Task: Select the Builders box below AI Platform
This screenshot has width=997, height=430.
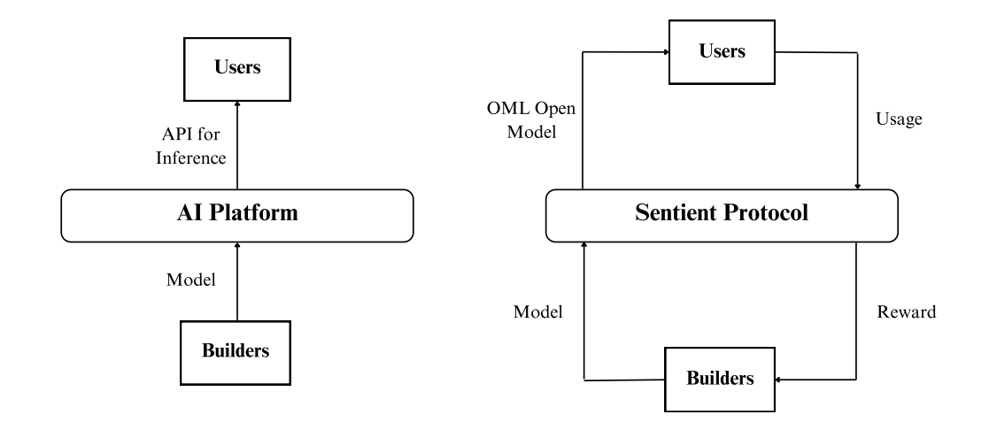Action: [x=236, y=349]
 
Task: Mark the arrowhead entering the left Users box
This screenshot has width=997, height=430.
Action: [x=236, y=102]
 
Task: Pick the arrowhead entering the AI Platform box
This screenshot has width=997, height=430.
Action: [x=236, y=243]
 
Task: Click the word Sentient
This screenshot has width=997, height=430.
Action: [x=676, y=214]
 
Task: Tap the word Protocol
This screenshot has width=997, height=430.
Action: [x=769, y=214]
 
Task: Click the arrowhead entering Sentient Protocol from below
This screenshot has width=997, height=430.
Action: [x=584, y=245]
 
